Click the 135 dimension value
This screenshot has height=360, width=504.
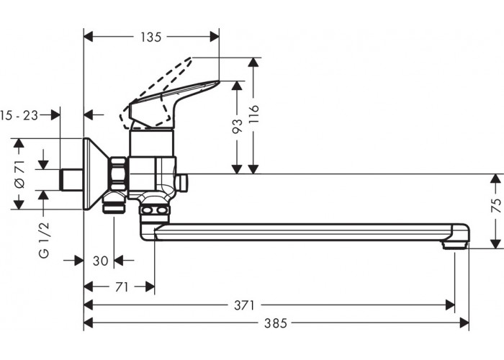point(150,37)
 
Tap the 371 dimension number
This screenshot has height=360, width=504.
point(245,305)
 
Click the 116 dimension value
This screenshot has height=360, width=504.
point(253,115)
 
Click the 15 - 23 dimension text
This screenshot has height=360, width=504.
point(21,114)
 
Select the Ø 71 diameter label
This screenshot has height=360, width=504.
point(19,174)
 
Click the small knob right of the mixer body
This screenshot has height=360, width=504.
point(182,182)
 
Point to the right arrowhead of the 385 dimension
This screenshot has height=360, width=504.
point(465,323)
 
